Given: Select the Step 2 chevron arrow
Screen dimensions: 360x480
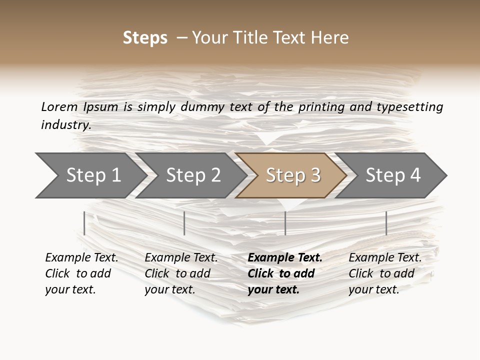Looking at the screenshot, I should [x=192, y=175].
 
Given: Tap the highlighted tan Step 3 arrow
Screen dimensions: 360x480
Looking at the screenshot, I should [x=292, y=175].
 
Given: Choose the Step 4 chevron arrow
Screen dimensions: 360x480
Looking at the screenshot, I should [x=392, y=175].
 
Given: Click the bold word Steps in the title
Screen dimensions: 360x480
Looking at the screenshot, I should [x=145, y=38].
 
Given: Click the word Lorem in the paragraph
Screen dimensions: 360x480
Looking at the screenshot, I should [x=59, y=106].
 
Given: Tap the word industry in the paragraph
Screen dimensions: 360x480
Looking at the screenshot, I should [x=65, y=124].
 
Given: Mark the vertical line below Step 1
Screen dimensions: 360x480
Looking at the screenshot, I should [x=84, y=223].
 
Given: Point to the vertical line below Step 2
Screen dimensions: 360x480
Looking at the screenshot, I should [x=184, y=223].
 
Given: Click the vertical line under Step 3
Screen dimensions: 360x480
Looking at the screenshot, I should [x=285, y=223].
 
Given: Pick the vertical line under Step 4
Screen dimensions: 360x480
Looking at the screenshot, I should [x=386, y=223].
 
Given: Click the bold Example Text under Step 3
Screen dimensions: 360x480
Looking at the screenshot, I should [x=285, y=258].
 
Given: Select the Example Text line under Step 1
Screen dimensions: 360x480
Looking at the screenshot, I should [x=81, y=258].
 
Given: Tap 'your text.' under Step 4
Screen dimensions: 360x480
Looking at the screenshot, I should [x=373, y=289].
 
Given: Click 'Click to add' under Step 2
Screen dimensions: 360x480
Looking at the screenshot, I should [x=177, y=273].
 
